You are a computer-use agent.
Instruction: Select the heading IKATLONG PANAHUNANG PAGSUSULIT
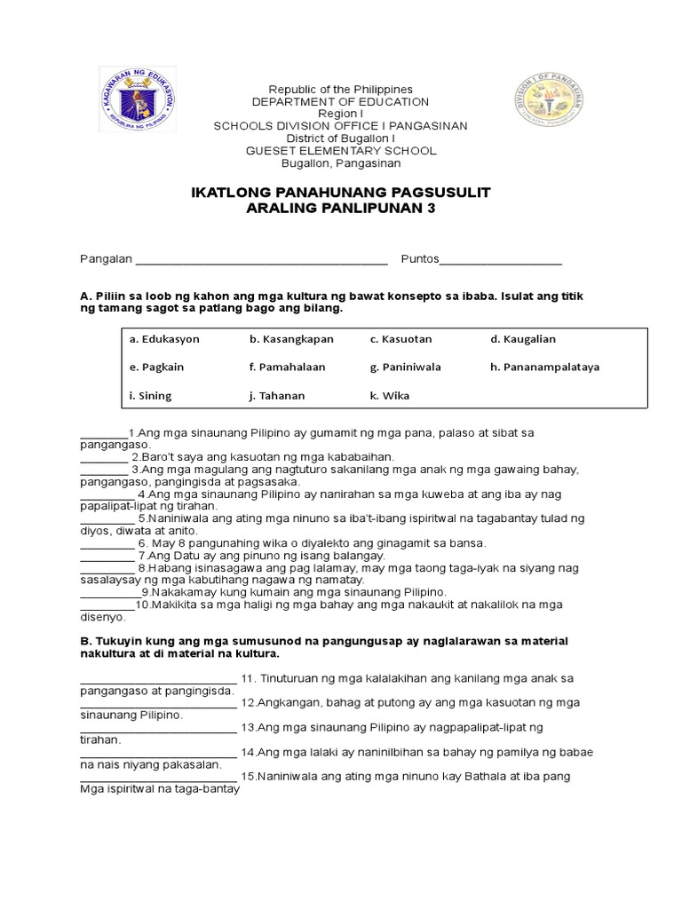click(x=341, y=193)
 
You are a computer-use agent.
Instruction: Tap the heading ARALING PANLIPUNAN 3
click(x=341, y=209)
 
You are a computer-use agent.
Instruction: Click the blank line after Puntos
click(x=501, y=260)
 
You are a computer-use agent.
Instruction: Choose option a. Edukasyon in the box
click(x=164, y=339)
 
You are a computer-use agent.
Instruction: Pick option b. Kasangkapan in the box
click(x=288, y=339)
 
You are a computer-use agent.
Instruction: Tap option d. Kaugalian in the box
click(x=523, y=339)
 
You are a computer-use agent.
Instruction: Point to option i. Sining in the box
click(x=151, y=395)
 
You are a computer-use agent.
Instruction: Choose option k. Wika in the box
click(x=391, y=395)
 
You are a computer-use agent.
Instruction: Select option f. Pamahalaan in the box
click(x=287, y=367)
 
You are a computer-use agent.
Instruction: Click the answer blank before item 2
click(x=104, y=458)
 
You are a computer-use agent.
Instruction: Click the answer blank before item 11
click(x=158, y=681)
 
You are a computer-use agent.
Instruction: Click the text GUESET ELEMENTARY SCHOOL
click(x=341, y=151)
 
